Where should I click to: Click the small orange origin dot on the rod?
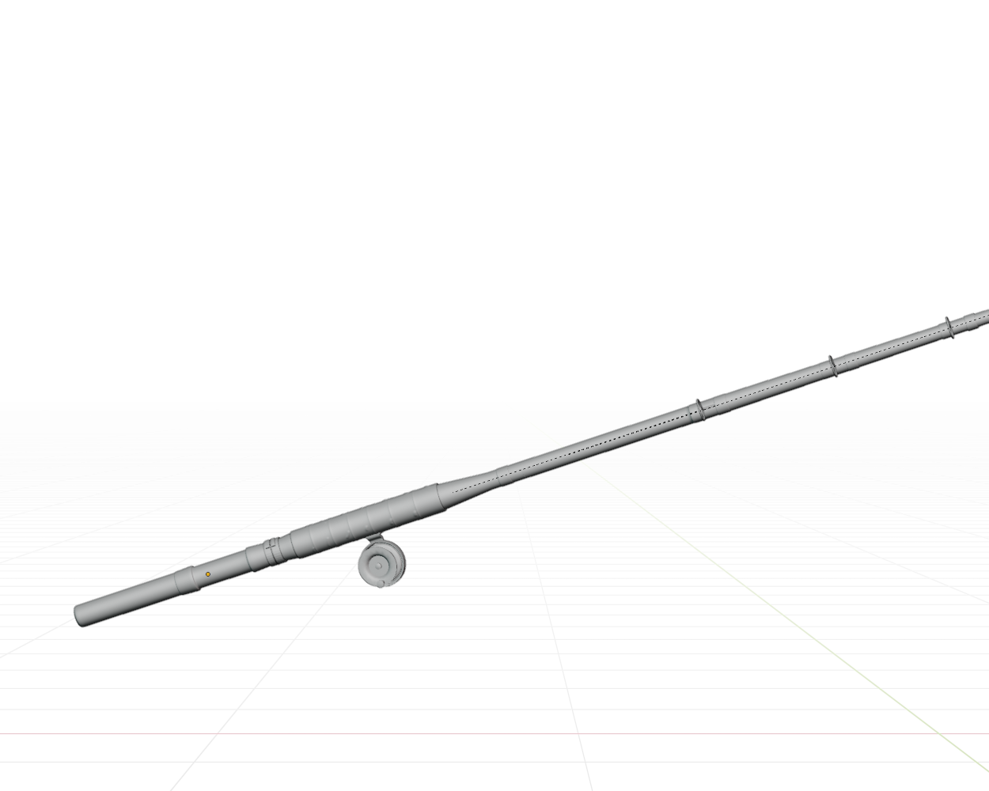[208, 574]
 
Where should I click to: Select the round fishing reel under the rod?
[382, 564]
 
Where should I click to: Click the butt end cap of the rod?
[80, 615]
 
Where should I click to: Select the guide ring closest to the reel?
[699, 410]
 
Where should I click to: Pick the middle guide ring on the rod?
[832, 366]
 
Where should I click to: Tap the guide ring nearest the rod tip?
[949, 327]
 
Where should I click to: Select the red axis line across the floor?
[475, 734]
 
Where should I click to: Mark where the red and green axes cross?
[940, 734]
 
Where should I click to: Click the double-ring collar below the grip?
[271, 551]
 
